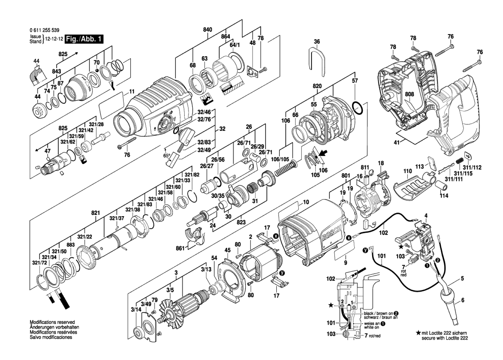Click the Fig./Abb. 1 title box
pos(84,39)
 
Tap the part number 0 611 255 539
pos(45,30)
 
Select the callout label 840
pos(208,30)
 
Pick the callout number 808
pos(409,94)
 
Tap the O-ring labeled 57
pos(357,108)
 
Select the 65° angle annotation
pos(166,155)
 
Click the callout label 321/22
pos(85,237)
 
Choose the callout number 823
pos(241,222)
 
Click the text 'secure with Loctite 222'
pos(445,344)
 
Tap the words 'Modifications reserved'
pos(52,322)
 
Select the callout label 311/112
pos(472,167)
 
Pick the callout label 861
pos(180,248)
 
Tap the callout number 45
pos(227,250)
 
